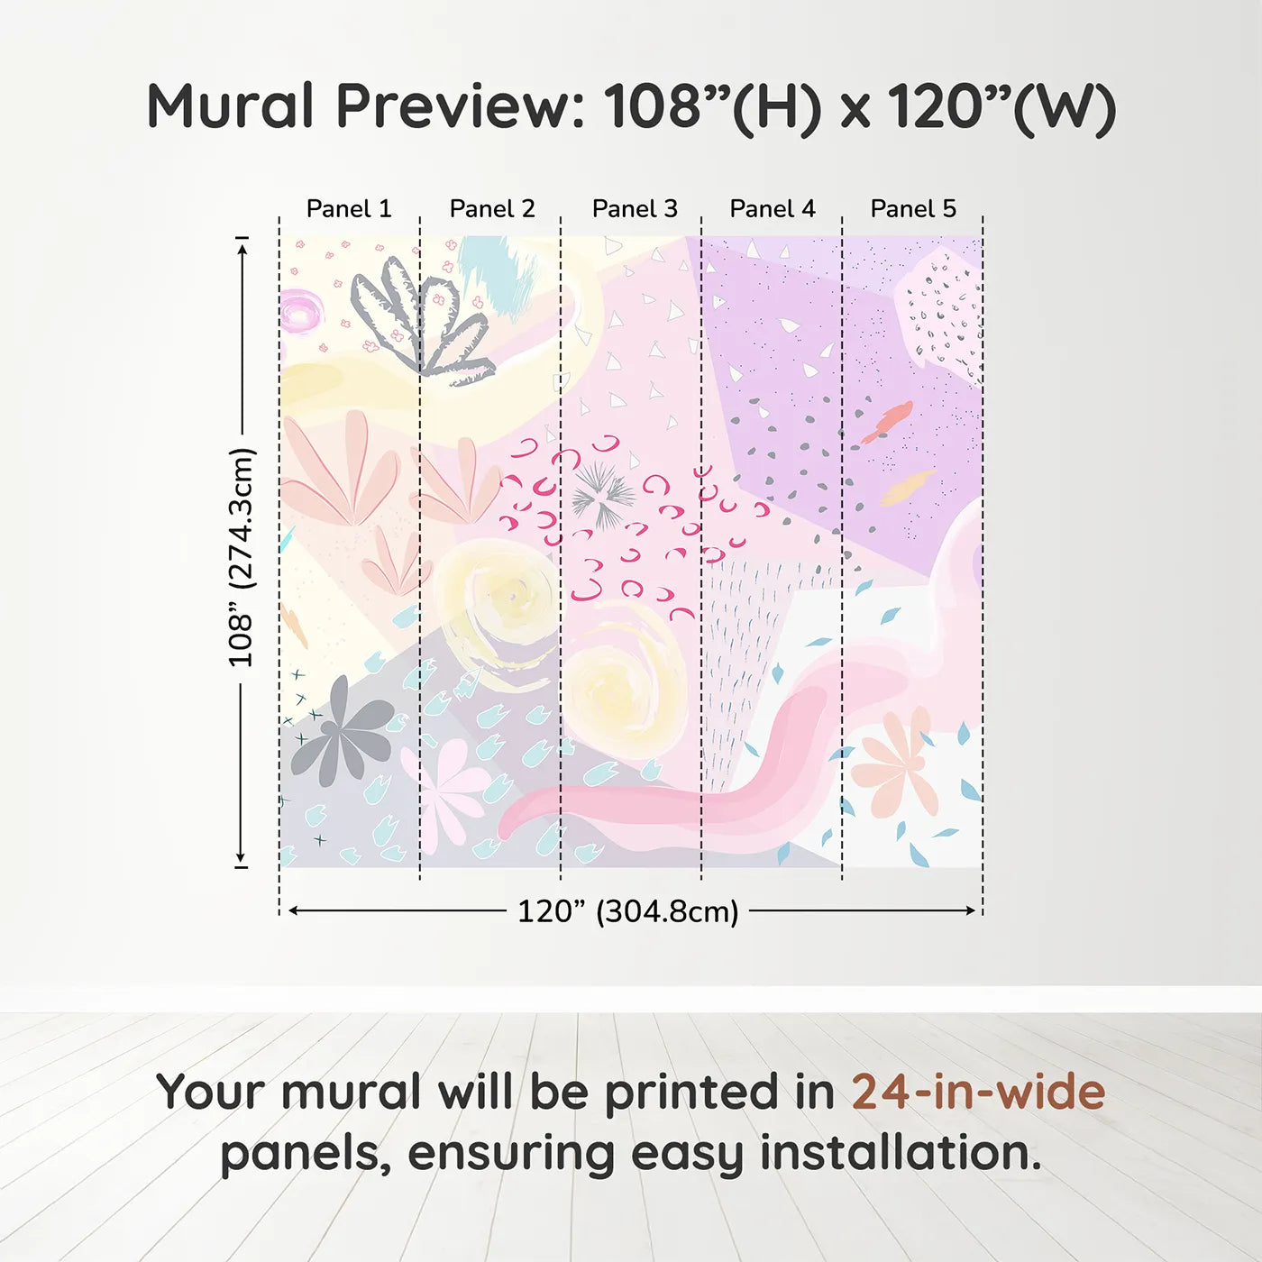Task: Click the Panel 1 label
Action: (349, 209)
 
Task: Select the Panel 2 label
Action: (492, 209)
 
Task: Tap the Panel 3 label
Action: (635, 209)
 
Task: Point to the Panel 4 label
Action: (773, 209)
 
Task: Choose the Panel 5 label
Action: (913, 209)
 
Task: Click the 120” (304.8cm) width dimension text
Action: (627, 911)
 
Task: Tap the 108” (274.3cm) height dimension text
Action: (242, 557)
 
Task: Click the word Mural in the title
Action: (230, 106)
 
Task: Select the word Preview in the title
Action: (461, 106)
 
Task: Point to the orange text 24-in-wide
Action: (978, 1092)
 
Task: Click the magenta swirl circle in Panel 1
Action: (299, 312)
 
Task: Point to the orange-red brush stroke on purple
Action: (887, 421)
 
